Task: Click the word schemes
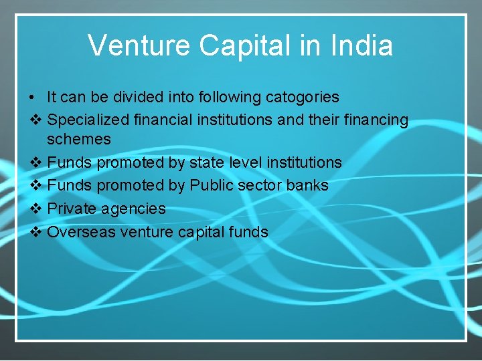(x=79, y=139)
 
